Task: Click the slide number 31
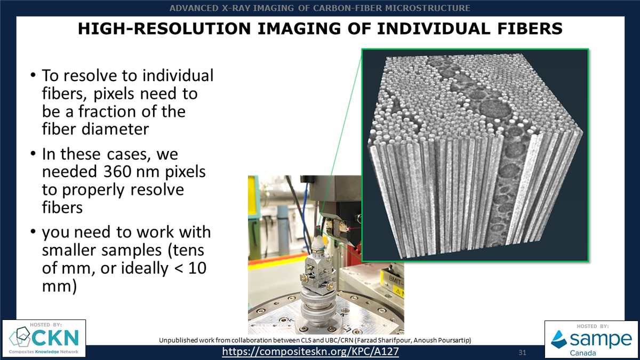point(523,353)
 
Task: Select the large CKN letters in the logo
point(53,338)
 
